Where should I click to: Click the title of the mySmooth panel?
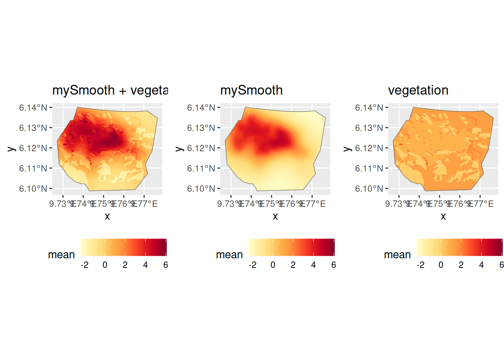coord(251,90)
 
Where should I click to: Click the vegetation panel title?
coord(418,90)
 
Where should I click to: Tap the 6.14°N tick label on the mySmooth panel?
coord(201,108)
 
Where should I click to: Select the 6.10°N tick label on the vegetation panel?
coord(369,189)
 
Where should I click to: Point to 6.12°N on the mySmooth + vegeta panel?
coord(33,148)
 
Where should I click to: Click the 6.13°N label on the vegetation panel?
coord(369,128)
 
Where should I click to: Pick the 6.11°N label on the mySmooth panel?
coord(201,168)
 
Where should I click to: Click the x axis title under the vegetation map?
coord(443,216)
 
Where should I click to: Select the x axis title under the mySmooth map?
coord(275,216)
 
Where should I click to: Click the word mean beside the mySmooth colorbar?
coord(229,255)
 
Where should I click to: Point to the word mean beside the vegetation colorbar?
coord(397,255)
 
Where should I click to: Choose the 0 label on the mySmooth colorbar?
coord(273,265)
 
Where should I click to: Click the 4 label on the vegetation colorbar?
coord(481,265)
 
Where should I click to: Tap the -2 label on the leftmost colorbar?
coord(84,265)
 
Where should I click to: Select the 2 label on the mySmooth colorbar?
coord(293,265)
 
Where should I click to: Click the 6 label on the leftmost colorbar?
coord(165,265)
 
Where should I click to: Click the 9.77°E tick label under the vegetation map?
coord(484,204)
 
